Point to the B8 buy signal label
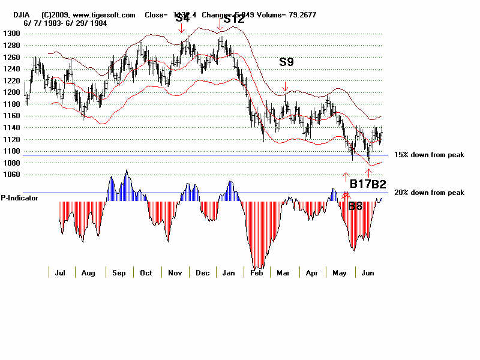(x=355, y=206)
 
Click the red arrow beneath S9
(x=286, y=87)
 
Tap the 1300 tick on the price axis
(x=13, y=34)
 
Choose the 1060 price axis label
(x=13, y=175)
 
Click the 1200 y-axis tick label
(x=13, y=92)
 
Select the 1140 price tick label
(x=13, y=128)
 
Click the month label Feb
(x=257, y=273)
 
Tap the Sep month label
(x=119, y=273)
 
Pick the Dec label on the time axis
(x=203, y=273)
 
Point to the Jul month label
(x=60, y=273)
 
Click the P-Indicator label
(x=19, y=197)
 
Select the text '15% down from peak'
(x=429, y=155)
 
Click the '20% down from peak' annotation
(x=429, y=193)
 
